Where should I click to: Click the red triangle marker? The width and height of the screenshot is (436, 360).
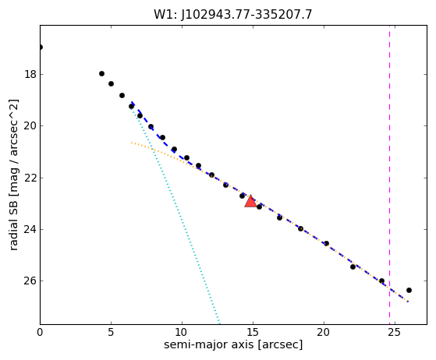point(250,201)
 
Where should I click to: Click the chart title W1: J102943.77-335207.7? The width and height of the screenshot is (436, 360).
point(233,15)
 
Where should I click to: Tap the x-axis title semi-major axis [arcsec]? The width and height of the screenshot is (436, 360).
point(233,344)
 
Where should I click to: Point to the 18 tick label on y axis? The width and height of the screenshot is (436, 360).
point(30,75)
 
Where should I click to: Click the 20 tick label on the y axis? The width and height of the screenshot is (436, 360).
point(30,125)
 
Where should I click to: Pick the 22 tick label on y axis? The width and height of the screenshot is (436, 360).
point(30,178)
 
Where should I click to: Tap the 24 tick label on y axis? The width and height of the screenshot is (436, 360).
point(30,229)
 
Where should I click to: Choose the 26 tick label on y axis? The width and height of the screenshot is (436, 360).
point(30,281)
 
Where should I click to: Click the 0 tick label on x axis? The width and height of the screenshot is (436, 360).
point(40,332)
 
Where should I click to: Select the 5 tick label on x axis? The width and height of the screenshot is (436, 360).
point(111,332)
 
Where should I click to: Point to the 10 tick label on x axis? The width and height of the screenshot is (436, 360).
point(182,332)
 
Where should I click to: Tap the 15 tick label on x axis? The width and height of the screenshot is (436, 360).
point(253,332)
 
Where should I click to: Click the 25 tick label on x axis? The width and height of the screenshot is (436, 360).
point(395,332)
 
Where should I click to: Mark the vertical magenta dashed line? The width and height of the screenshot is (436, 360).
point(389,175)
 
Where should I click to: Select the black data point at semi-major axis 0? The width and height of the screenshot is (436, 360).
point(41,48)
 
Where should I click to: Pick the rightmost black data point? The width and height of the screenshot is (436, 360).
point(409,291)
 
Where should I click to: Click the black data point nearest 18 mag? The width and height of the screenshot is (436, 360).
point(101,73)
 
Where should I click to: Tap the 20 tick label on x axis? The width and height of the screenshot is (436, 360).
point(324,332)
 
